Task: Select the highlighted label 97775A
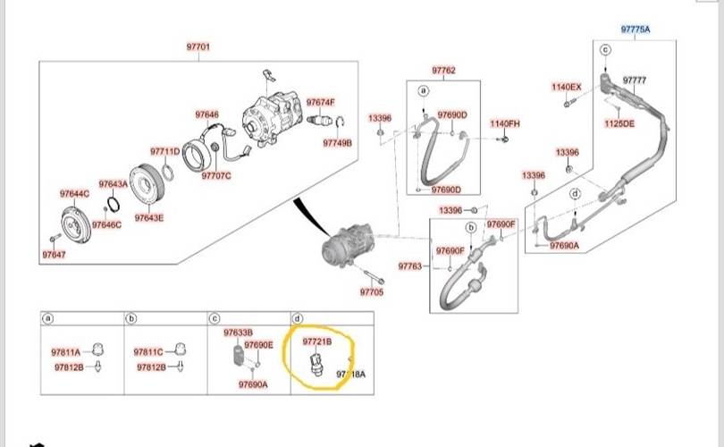click(x=636, y=30)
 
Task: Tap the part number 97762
click(x=443, y=70)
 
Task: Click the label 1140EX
click(x=566, y=87)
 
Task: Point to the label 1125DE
click(x=619, y=123)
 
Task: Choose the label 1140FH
click(x=504, y=122)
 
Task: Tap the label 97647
click(x=54, y=255)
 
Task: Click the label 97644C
click(x=74, y=194)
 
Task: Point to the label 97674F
click(x=320, y=102)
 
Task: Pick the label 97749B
click(x=338, y=142)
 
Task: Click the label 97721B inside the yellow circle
click(x=317, y=342)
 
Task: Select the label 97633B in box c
click(x=239, y=332)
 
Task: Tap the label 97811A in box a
click(x=65, y=351)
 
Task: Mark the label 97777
click(x=635, y=80)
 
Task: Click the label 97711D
click(x=164, y=151)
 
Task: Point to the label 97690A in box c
click(x=254, y=384)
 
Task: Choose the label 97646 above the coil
click(x=207, y=114)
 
